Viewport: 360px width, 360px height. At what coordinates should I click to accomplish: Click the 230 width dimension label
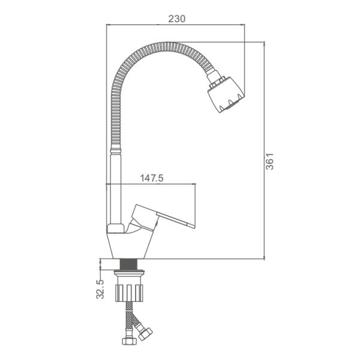[x=177, y=19]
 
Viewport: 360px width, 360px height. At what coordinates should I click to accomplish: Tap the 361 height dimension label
[x=269, y=161]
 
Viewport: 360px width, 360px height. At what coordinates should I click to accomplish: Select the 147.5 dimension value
[x=152, y=178]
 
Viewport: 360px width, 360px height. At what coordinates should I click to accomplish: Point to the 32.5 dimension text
[x=100, y=289]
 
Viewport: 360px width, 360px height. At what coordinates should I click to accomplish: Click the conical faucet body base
[x=130, y=245]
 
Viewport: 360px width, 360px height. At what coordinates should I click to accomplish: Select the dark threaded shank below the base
[x=129, y=264]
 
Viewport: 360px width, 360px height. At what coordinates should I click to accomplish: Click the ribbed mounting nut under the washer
[x=129, y=293]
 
